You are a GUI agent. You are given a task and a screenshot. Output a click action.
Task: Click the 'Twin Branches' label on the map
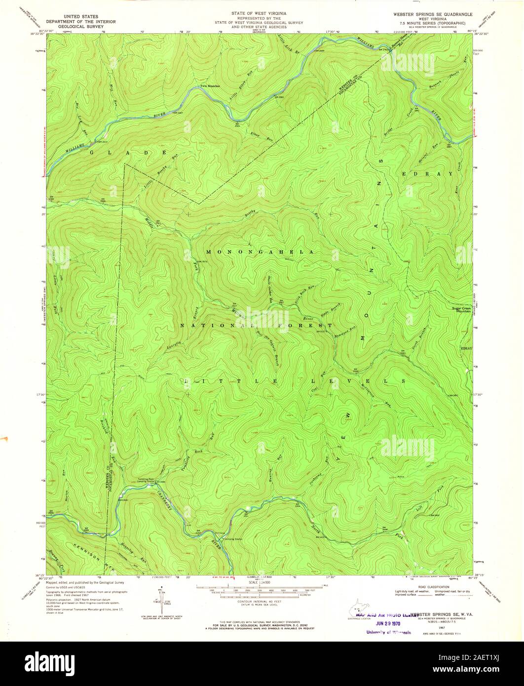209,86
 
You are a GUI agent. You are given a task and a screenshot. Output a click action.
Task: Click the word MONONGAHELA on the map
260,252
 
